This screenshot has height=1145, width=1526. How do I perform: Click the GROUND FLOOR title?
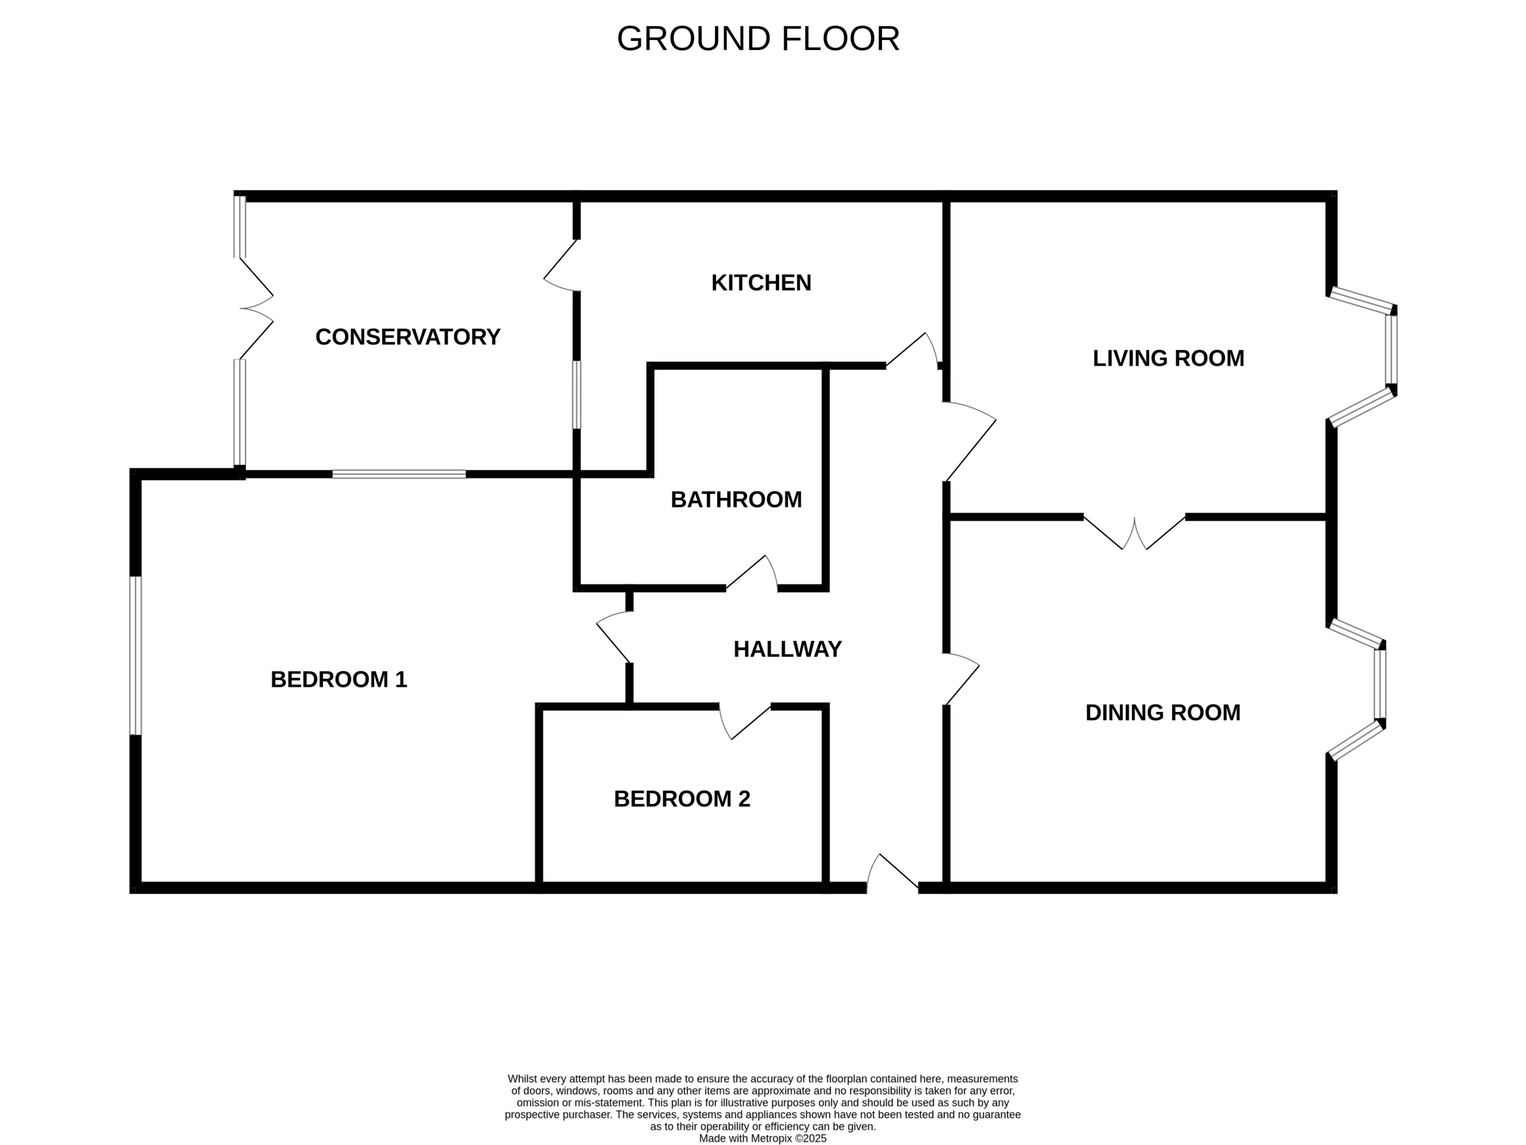point(758,39)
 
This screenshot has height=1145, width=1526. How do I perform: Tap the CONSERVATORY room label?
point(408,337)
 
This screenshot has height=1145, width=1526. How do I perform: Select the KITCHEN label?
point(761,283)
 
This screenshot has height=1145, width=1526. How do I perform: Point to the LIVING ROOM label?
point(1168,358)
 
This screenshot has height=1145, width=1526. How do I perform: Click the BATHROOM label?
point(736,500)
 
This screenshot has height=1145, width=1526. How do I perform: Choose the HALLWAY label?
point(787,649)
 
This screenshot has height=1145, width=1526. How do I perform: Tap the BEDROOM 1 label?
point(339,680)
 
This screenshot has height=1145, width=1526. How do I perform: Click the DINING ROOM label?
point(1162,712)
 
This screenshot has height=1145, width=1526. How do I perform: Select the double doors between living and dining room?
point(1134,533)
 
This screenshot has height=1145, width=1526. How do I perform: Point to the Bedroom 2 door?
point(745,721)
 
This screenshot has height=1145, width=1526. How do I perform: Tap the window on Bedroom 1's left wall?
point(136,656)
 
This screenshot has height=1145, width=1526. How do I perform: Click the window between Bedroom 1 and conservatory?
point(399,474)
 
